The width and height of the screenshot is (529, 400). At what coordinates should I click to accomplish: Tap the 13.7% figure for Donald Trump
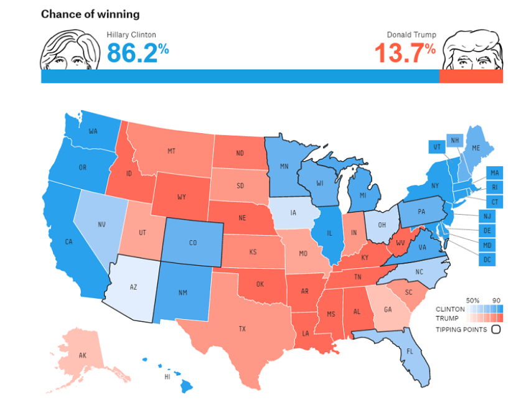(x=405, y=52)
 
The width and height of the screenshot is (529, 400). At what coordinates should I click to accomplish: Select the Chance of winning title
(x=90, y=14)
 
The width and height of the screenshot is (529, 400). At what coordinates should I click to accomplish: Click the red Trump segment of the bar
(x=470, y=77)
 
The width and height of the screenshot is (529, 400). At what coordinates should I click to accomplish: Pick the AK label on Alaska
(x=83, y=356)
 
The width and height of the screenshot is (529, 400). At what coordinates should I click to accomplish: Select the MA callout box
(x=495, y=172)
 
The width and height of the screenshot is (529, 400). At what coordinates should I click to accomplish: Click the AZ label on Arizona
(x=133, y=288)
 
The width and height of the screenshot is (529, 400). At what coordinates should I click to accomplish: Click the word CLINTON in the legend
(x=451, y=309)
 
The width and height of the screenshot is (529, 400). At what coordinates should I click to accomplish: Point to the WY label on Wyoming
(x=181, y=197)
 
